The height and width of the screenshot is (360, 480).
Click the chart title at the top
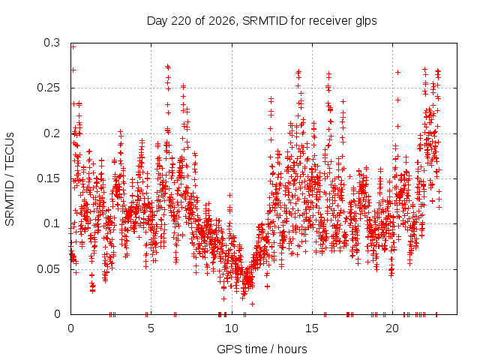pos(262,21)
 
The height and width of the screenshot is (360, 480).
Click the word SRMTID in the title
pos(265,21)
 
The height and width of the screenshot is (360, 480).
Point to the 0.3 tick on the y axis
pos(52,43)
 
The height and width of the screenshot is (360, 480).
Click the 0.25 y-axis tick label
pos(48,88)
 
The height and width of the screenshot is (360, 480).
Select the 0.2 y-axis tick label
pos(52,133)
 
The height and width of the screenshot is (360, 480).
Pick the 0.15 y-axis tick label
pos(48,178)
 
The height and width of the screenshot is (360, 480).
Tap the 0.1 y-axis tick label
pos(52,223)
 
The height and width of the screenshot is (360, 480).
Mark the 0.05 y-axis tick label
pos(48,269)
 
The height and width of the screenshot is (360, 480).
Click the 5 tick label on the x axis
pos(151,328)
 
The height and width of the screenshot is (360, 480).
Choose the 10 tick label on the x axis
pos(232,328)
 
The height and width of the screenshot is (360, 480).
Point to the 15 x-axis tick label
pos(312,328)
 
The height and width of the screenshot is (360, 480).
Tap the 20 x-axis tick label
pos(392,328)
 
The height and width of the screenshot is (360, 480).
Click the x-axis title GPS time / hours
pos(262,349)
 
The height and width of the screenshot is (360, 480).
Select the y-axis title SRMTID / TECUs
pos(10,179)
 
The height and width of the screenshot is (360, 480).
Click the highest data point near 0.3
pos(73,46)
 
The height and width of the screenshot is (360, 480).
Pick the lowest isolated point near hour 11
pos(252,304)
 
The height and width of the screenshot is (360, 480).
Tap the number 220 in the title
pos(181,21)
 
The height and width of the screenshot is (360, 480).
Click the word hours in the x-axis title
pos(292,349)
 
